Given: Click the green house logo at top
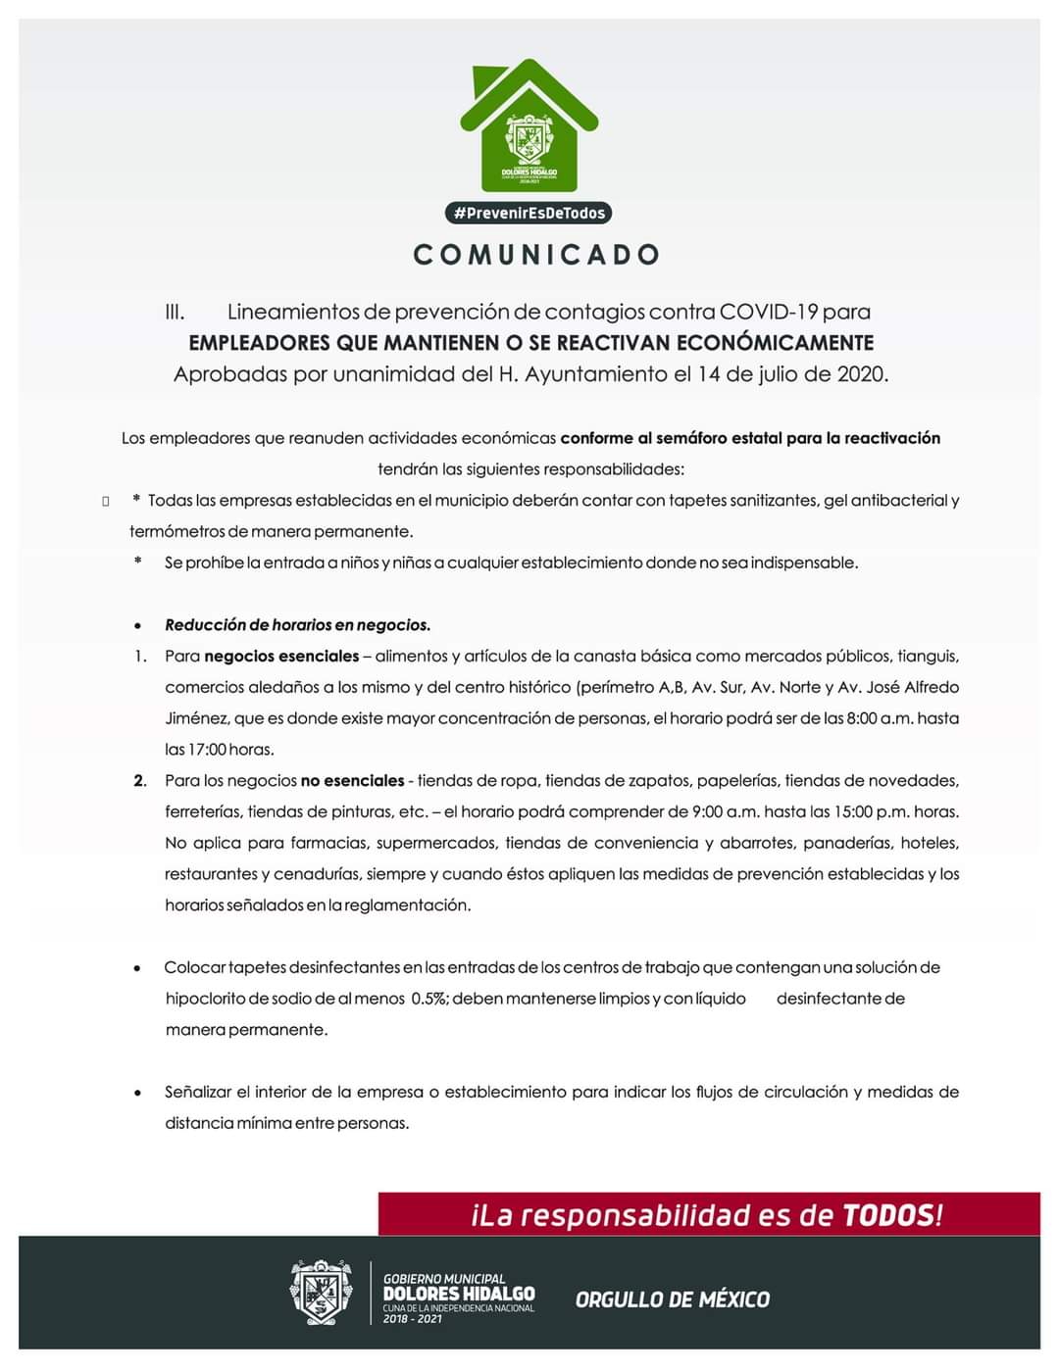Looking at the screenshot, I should pyautogui.click(x=529, y=125).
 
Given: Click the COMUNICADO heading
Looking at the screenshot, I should pyautogui.click(x=536, y=255).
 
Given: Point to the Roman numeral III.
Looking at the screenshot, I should pyautogui.click(x=175, y=312).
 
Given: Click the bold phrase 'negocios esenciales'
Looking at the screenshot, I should pyautogui.click(x=281, y=656).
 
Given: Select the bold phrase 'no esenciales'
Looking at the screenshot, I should pyautogui.click(x=352, y=781).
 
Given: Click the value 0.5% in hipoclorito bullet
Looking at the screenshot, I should pyautogui.click(x=429, y=999).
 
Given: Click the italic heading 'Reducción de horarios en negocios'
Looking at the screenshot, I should pyautogui.click(x=297, y=625).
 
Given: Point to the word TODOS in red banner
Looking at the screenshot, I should pyautogui.click(x=887, y=1215).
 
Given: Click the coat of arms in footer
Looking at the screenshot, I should pyautogui.click(x=320, y=1293).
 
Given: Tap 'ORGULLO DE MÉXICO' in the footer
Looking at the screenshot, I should pyautogui.click(x=673, y=1299).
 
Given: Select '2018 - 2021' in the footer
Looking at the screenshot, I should pyautogui.click(x=412, y=1319).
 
